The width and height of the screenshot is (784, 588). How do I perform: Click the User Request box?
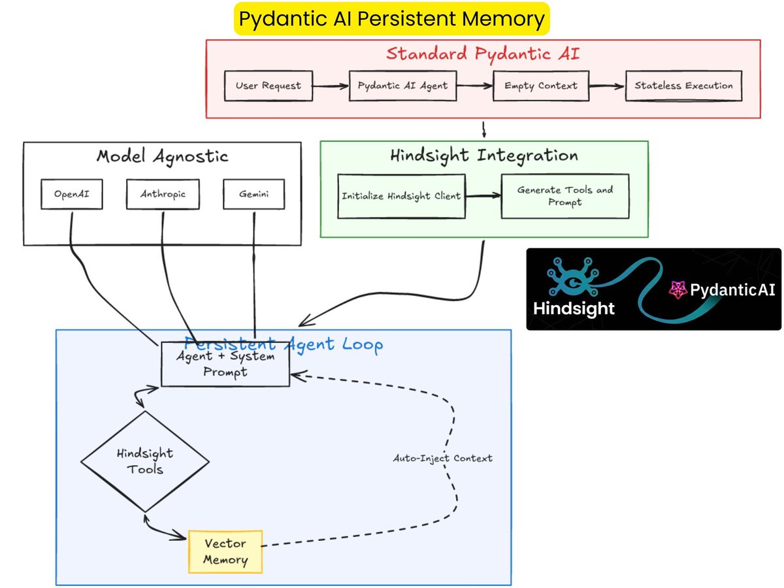coord(269,86)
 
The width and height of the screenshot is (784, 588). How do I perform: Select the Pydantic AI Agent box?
coord(402,86)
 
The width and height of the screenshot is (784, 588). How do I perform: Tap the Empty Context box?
coord(541,86)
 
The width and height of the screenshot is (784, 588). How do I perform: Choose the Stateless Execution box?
coord(683,86)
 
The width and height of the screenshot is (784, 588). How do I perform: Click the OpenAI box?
coord(72,194)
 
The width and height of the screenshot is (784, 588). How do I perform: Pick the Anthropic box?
coord(163,194)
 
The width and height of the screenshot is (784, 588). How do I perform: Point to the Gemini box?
coord(254,194)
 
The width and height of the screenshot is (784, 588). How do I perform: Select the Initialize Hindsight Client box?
coord(401,196)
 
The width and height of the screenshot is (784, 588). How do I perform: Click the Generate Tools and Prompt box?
coord(565,196)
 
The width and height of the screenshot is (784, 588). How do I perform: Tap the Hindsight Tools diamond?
coord(145,461)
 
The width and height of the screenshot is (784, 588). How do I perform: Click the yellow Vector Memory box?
coord(225,551)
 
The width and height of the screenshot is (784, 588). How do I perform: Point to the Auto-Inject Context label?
coord(442,458)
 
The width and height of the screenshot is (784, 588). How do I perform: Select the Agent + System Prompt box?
coord(225,364)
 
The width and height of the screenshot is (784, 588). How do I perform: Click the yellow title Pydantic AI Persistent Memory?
coord(391,18)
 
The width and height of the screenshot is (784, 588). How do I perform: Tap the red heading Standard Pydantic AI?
coord(483,54)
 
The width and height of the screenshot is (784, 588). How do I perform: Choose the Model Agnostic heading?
coord(162,156)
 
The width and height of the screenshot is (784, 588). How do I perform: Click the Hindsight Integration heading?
coord(484,155)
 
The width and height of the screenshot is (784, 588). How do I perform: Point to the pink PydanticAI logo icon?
coord(678,289)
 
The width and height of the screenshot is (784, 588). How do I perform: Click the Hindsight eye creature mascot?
coord(572,276)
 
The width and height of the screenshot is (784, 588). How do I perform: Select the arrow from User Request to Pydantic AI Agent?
coord(331,86)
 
